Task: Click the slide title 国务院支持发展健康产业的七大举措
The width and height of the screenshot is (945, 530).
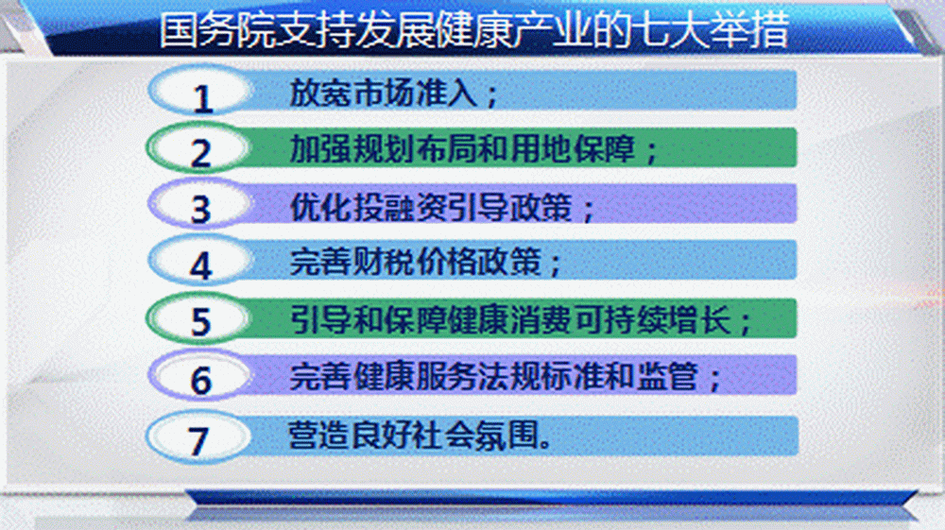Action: click(474, 29)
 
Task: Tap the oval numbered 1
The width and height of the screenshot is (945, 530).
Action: click(199, 92)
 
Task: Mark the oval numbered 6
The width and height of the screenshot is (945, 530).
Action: click(199, 376)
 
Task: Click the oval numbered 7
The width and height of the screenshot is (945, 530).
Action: click(199, 437)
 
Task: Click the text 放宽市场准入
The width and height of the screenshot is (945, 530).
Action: click(384, 93)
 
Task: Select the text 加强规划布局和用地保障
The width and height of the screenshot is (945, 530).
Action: click(462, 148)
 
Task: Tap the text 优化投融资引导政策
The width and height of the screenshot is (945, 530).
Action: click(431, 207)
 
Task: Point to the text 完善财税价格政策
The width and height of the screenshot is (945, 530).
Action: click(415, 262)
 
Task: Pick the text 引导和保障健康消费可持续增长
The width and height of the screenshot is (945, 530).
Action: click(510, 319)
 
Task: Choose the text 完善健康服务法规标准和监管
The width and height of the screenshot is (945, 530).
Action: click(494, 376)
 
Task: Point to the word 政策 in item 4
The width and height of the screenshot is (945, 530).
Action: click(510, 262)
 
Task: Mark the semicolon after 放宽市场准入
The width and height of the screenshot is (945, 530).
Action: click(492, 96)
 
